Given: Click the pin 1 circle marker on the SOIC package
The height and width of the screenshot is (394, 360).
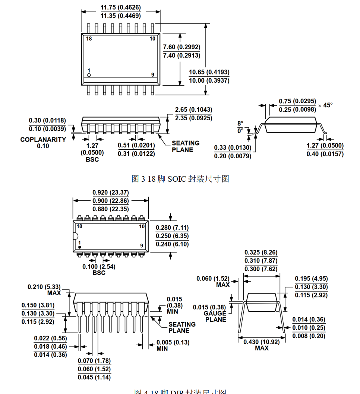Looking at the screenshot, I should click(x=89, y=75).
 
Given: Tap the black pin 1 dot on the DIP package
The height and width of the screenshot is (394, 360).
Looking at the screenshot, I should click(x=80, y=247).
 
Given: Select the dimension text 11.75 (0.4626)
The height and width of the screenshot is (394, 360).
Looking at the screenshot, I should click(x=121, y=7).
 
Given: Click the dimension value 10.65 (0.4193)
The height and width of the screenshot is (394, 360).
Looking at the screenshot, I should click(x=209, y=72).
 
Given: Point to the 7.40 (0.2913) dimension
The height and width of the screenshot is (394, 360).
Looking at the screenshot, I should click(x=182, y=55).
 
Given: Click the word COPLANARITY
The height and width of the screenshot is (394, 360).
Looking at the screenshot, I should click(x=43, y=140).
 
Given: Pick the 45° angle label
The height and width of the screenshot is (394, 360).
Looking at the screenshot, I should click(x=328, y=105).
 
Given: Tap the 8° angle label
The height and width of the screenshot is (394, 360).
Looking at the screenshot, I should click(x=240, y=123).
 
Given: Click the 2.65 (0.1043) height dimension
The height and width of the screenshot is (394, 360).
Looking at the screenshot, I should click(x=193, y=110).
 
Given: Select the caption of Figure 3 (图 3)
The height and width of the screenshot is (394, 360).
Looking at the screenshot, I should click(x=180, y=179).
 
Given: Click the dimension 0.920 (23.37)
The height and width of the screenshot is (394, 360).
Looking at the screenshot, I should click(x=111, y=193).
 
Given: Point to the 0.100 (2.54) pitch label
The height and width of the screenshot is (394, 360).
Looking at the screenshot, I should click(x=99, y=267).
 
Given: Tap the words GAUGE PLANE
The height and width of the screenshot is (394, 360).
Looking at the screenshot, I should click(x=215, y=317).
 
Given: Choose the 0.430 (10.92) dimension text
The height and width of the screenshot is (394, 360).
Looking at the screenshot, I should click(x=262, y=341).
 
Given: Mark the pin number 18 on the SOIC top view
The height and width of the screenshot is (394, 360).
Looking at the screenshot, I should click(x=89, y=39).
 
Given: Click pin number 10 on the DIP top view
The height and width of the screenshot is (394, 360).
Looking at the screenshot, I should click(x=142, y=226).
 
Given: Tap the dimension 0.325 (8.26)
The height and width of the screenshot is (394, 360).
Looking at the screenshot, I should click(x=261, y=252).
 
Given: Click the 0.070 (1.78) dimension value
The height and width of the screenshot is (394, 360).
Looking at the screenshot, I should click(x=94, y=361).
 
